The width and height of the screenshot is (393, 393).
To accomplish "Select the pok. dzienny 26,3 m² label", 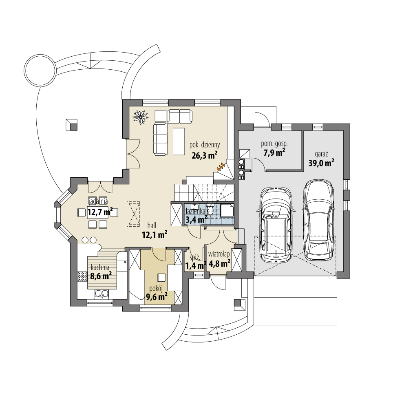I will pos(204,150).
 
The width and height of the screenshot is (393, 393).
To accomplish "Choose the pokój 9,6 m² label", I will pos(157,293).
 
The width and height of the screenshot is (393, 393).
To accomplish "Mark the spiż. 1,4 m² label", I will pos(195,262).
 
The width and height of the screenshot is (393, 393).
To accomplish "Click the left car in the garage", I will pos(277,224).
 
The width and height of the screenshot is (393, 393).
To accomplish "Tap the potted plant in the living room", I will pos(141,117).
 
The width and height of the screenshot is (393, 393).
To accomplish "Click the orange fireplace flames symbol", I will pos(221,166).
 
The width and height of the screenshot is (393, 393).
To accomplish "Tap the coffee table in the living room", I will pos(179,141).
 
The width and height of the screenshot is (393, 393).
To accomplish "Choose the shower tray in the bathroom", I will pos(227,211).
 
